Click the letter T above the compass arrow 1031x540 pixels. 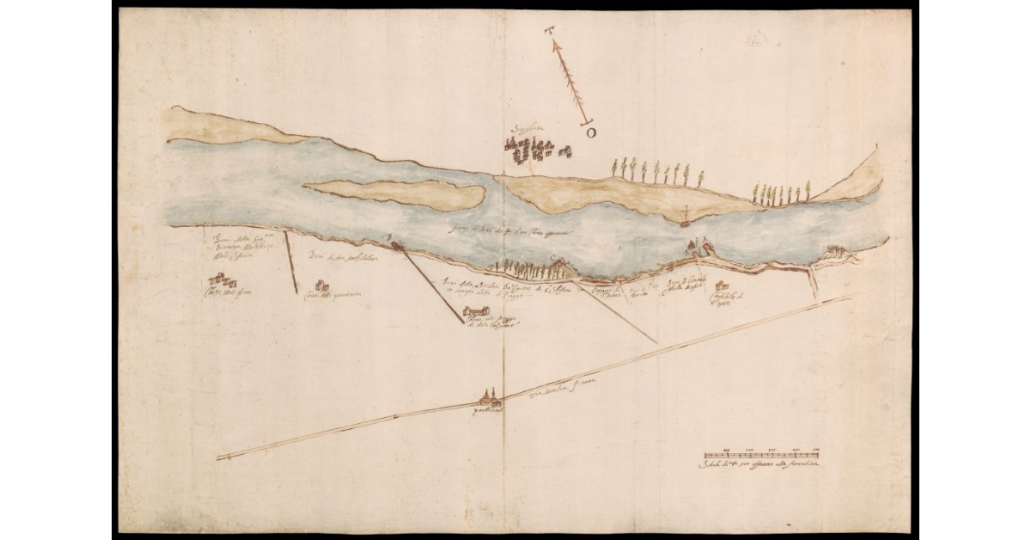click(549, 32)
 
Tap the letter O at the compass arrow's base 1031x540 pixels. click(590, 132)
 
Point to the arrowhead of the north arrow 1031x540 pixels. click(556, 42)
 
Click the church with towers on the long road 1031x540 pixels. click(488, 399)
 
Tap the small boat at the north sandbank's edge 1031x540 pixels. click(686, 223)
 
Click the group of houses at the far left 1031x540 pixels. click(221, 280)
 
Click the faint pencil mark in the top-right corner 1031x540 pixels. click(755, 39)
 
